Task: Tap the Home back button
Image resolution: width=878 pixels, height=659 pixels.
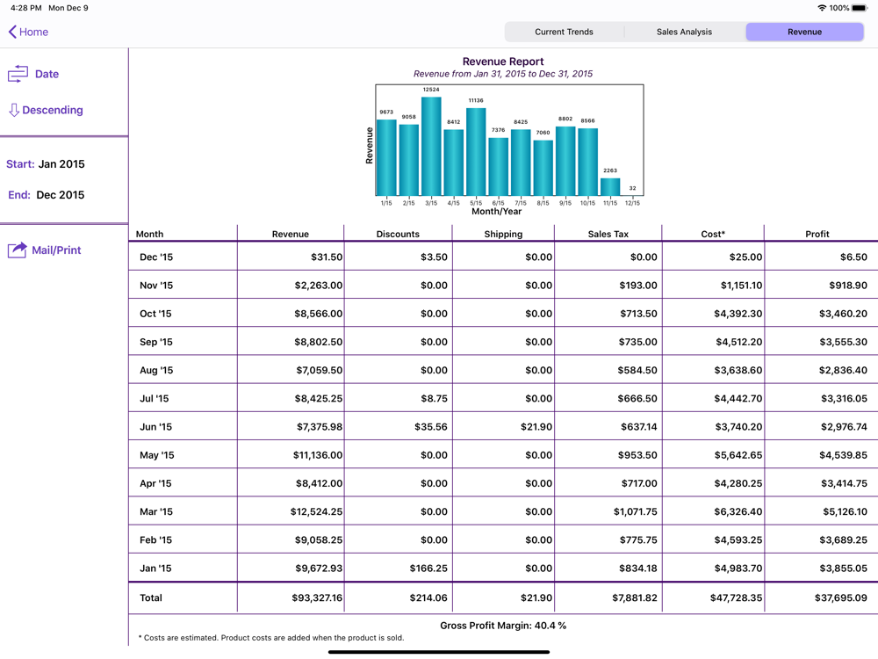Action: pos(28,32)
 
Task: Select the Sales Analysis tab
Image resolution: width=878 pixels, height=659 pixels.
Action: pos(684,32)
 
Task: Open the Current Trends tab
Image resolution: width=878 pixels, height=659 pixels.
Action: pos(564,32)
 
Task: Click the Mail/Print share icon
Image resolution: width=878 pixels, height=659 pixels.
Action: pos(18,250)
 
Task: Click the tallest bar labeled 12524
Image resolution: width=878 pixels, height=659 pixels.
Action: pos(431,145)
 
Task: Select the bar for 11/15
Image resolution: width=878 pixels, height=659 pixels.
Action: pos(610,186)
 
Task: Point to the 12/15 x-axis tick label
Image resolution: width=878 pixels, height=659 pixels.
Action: pos(632,203)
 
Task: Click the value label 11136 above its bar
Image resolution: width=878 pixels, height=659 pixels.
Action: pos(476,101)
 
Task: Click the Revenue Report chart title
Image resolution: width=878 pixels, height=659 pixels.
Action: pos(503,62)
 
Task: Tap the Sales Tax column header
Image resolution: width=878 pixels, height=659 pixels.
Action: pos(608,234)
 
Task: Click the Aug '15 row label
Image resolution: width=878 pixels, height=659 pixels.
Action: pos(156,371)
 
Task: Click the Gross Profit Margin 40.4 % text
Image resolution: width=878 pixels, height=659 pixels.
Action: pos(503,626)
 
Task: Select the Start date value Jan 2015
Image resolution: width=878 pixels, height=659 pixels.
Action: pos(61,164)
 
